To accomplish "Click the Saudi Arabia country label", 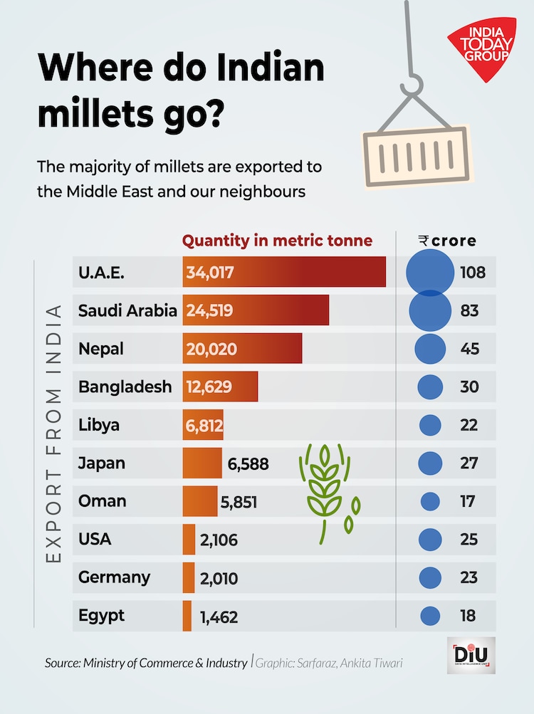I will tap(127, 310).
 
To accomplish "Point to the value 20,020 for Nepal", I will tap(211, 349).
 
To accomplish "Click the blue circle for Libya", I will tap(430, 425).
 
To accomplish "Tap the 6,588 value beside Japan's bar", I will tap(248, 464).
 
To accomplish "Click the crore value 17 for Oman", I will tap(468, 501).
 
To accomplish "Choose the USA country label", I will tap(95, 539).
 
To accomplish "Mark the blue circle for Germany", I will tap(430, 577).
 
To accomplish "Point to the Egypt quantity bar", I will tap(187, 616).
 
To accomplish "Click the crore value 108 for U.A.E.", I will tap(473, 272).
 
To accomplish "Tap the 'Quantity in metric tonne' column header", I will tap(277, 241).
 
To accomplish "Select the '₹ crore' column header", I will tap(447, 241).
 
